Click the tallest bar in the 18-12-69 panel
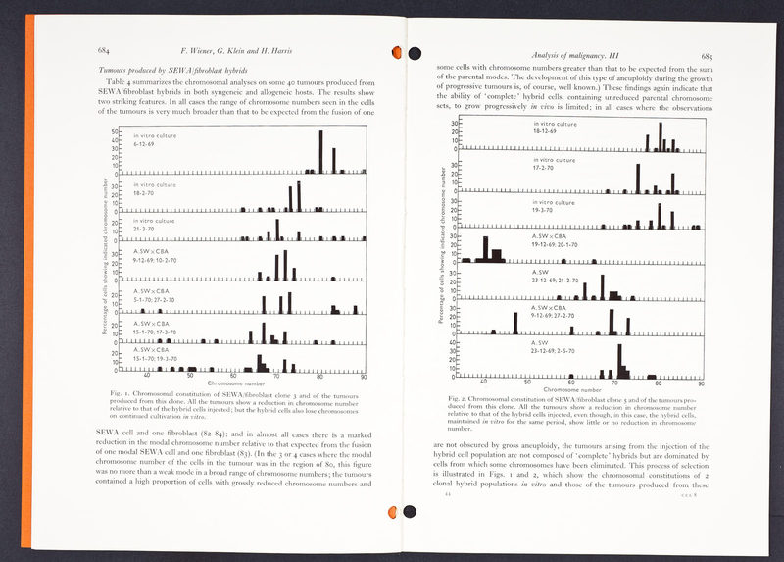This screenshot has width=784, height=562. [x=661, y=137]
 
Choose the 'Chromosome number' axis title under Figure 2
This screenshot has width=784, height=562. [x=572, y=390]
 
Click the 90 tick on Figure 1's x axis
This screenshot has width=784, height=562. [x=364, y=376]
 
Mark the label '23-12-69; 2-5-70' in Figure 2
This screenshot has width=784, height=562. [x=554, y=350]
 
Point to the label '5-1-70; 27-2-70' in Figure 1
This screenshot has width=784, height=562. [x=155, y=299]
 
